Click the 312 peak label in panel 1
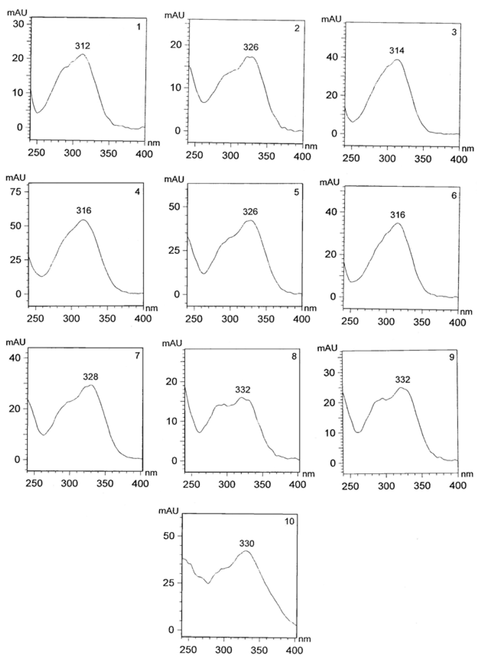(83, 46)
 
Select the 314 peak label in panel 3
(397, 51)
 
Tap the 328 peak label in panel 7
(90, 377)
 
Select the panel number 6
(454, 196)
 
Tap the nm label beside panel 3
(468, 149)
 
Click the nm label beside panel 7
(151, 473)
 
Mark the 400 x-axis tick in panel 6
(458, 322)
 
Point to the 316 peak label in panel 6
(398, 215)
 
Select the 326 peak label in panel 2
(251, 47)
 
